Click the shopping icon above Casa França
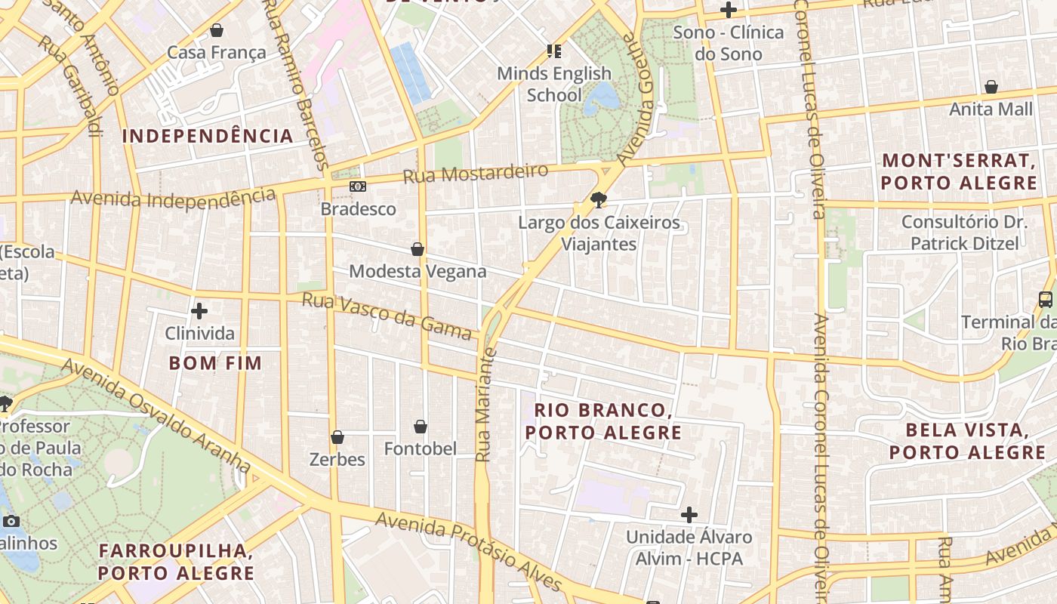point(217,30)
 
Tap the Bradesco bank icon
point(358,186)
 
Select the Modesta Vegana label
point(418,271)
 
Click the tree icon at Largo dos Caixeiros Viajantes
point(599,200)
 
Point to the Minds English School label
point(554,84)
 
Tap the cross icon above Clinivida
point(199,311)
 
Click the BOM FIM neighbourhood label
point(215,363)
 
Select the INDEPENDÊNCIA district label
point(208,136)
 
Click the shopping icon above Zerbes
point(337,437)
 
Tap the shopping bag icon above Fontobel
point(421,427)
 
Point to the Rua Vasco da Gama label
point(387,316)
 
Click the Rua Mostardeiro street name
point(475,174)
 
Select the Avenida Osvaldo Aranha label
point(156,414)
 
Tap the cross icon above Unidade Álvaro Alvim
point(689,515)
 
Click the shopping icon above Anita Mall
point(991,87)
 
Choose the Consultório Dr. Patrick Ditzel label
point(964,233)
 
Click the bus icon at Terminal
point(1046,299)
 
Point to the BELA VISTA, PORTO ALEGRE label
point(966,442)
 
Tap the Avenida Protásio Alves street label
point(468,552)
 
